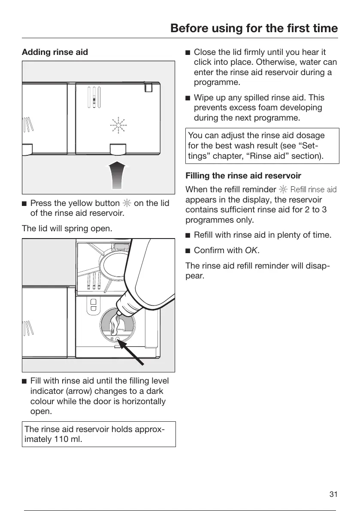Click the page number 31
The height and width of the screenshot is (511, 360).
(x=333, y=495)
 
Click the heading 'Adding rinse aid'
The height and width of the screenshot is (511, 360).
(x=55, y=52)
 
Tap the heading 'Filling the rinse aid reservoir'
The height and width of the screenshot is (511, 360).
(x=243, y=176)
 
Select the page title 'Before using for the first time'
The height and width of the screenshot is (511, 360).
(x=254, y=28)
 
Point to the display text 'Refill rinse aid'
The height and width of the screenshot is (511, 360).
(x=313, y=189)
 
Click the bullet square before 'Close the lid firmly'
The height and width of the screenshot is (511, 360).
(x=188, y=53)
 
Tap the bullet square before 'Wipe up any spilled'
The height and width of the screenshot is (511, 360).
(x=188, y=98)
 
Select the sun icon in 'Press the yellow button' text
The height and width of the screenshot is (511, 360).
(x=127, y=203)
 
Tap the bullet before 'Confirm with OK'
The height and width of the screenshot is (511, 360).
(x=188, y=250)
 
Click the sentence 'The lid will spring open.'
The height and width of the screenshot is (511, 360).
(x=67, y=228)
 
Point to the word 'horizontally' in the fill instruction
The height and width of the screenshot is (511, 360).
(x=145, y=402)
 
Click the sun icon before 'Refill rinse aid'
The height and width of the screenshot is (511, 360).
(x=283, y=189)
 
